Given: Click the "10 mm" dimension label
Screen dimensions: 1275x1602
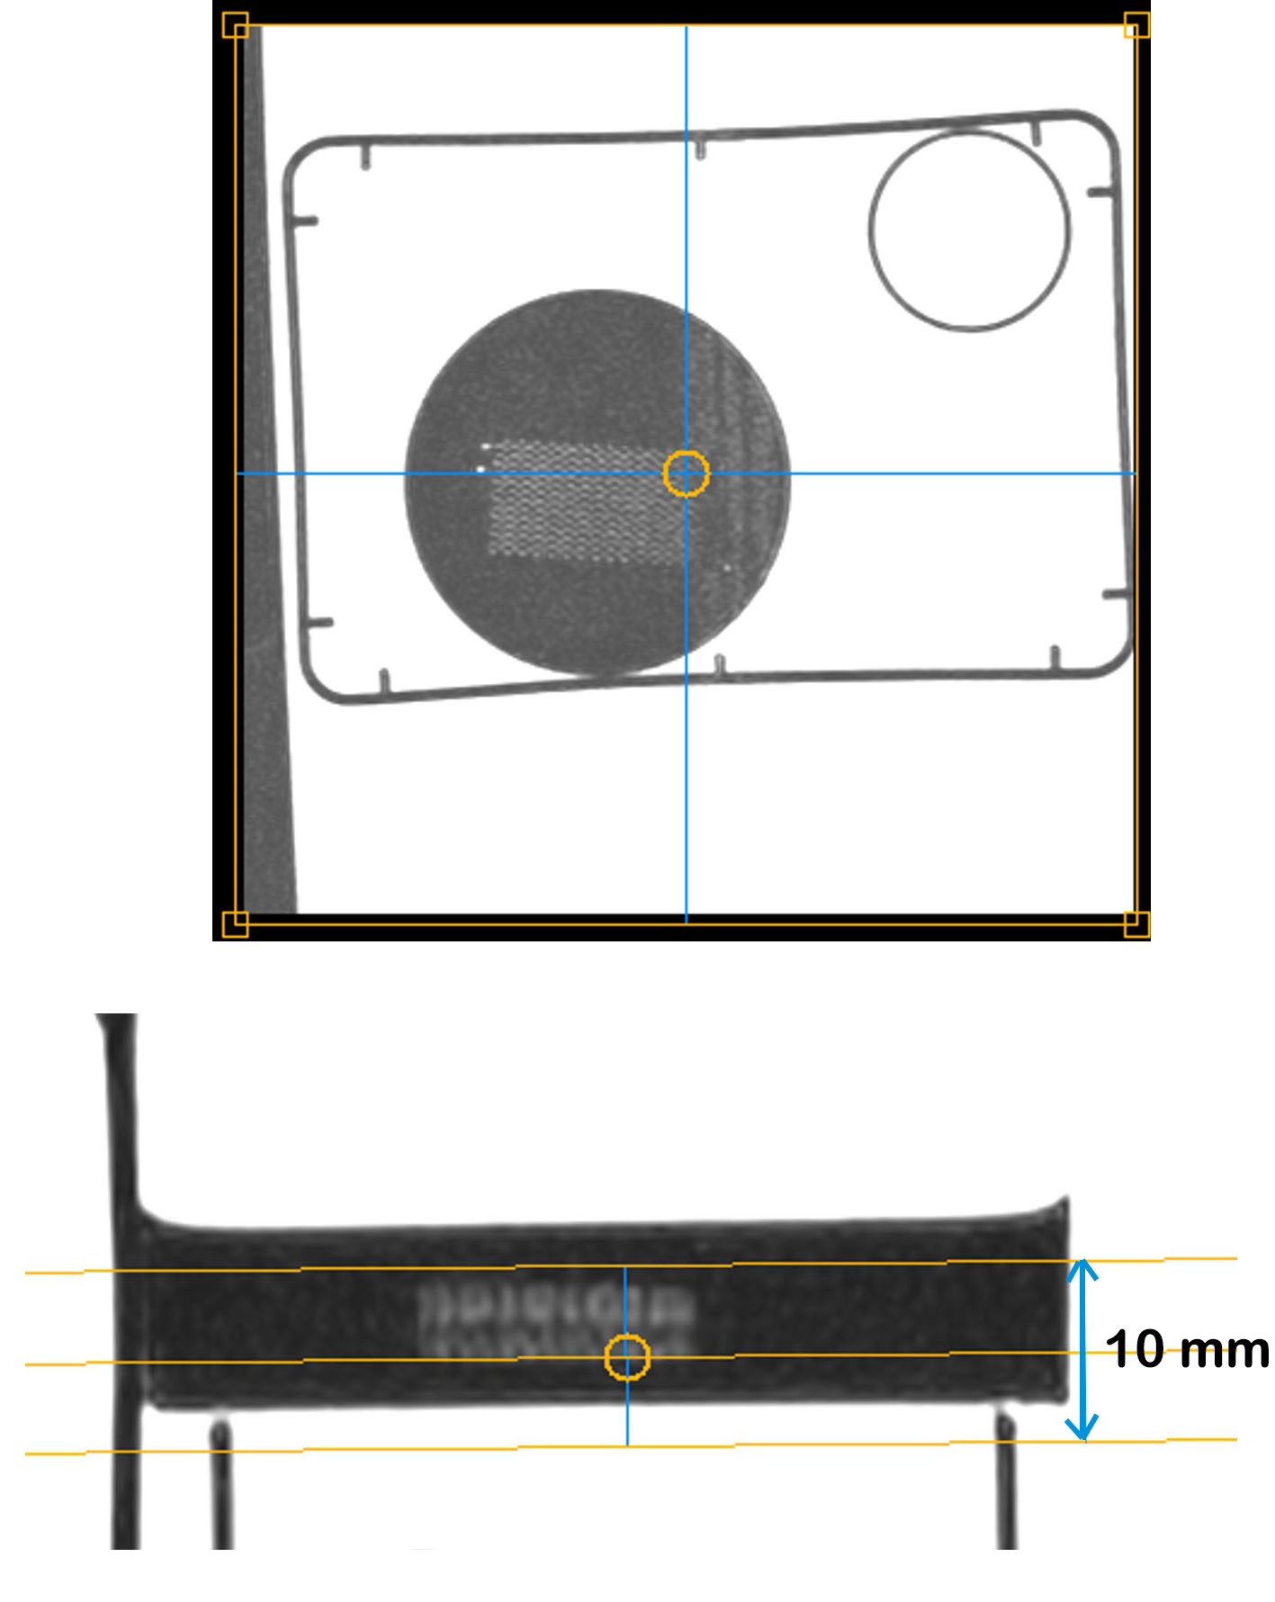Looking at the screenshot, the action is point(1187,1349).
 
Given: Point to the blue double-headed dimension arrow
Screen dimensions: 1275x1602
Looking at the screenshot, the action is point(1082,1350).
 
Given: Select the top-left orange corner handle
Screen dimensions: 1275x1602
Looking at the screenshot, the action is point(235,25).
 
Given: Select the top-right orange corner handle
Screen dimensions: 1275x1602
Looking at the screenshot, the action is point(1136,25).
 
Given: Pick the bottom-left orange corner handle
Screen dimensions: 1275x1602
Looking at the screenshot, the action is point(235,924).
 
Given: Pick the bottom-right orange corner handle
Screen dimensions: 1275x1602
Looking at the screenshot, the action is point(1136,924).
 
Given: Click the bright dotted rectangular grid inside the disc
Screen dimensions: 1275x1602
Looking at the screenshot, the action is point(587,500).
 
